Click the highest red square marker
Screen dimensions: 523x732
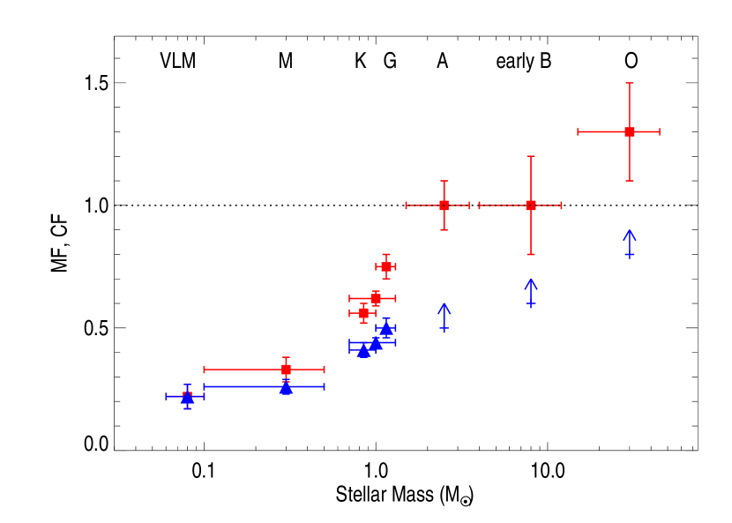click(x=630, y=131)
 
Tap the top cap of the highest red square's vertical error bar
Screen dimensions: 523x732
click(x=630, y=84)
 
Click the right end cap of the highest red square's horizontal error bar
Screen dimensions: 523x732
click(x=659, y=131)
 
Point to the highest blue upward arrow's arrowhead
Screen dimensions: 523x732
click(x=630, y=232)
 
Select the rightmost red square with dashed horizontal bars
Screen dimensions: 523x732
click(x=531, y=205)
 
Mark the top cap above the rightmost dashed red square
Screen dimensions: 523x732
click(x=531, y=157)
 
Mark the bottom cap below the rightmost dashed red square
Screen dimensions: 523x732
click(x=531, y=254)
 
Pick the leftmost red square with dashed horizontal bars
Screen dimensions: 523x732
click(x=444, y=205)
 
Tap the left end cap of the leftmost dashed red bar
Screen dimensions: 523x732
click(x=407, y=205)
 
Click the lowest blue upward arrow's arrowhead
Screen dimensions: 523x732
click(x=444, y=306)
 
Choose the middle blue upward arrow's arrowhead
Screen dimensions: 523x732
click(x=531, y=281)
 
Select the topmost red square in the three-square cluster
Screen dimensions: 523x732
click(x=386, y=266)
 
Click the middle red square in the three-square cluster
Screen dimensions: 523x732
click(x=376, y=298)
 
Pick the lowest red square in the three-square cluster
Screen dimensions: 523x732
click(x=363, y=313)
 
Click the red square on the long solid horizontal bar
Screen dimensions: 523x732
click(x=286, y=370)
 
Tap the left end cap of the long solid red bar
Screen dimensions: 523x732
click(x=205, y=370)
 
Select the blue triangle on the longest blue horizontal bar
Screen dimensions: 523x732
click(x=286, y=387)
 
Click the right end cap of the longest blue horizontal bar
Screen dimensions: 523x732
click(x=324, y=386)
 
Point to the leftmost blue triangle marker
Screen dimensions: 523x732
click(x=187, y=398)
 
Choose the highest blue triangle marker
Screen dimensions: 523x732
click(x=386, y=328)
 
